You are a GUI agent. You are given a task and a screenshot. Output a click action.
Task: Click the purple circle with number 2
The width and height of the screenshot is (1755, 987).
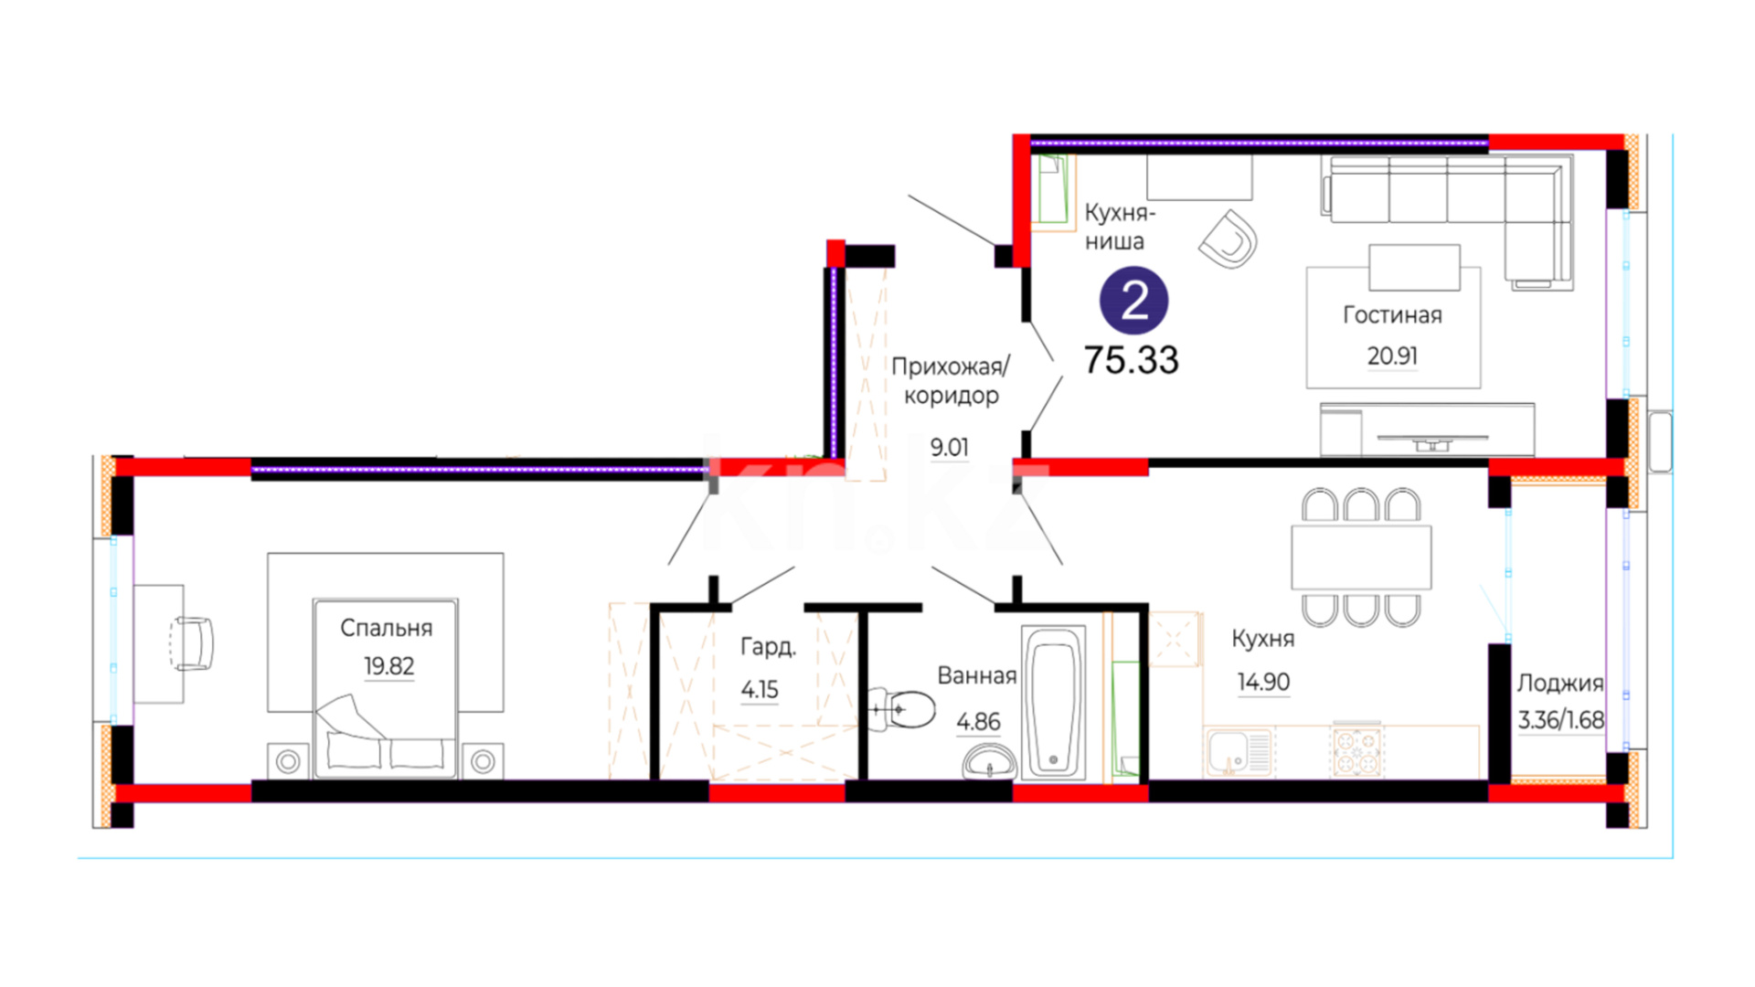click(1133, 300)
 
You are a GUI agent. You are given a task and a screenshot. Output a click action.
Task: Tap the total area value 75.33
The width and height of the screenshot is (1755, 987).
click(1131, 360)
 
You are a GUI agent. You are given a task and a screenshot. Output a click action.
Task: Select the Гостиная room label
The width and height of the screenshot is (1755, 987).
click(1392, 315)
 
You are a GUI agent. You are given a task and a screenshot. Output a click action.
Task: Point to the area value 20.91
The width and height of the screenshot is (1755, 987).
click(1392, 356)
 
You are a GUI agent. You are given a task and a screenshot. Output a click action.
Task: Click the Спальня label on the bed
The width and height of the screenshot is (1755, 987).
click(386, 628)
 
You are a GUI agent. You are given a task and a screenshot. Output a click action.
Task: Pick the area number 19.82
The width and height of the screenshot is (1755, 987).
click(388, 666)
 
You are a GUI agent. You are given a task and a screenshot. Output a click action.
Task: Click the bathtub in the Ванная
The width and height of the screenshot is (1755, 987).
click(1053, 703)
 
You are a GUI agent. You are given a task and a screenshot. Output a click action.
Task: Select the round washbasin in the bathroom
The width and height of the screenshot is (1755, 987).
click(989, 762)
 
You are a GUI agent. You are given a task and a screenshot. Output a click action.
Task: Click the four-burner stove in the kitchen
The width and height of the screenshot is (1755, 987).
click(1356, 750)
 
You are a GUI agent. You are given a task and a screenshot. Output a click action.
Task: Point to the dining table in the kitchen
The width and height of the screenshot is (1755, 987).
click(1361, 557)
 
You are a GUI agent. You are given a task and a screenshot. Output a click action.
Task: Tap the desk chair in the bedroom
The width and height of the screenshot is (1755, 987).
click(191, 643)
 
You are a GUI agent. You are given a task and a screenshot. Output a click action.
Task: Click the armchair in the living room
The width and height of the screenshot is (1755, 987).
click(1228, 239)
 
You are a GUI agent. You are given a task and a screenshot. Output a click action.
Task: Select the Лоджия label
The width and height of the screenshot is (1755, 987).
click(1560, 685)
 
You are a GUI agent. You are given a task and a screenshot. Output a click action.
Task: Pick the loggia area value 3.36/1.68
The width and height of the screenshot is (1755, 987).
click(1560, 720)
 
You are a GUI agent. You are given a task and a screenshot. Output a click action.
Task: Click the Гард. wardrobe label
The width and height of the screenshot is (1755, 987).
click(768, 648)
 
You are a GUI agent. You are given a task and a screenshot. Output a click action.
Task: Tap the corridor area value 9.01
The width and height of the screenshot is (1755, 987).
click(949, 448)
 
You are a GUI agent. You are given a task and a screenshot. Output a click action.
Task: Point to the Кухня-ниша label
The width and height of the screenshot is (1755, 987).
click(1120, 227)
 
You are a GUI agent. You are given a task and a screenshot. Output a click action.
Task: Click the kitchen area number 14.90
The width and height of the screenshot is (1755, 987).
click(1263, 682)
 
